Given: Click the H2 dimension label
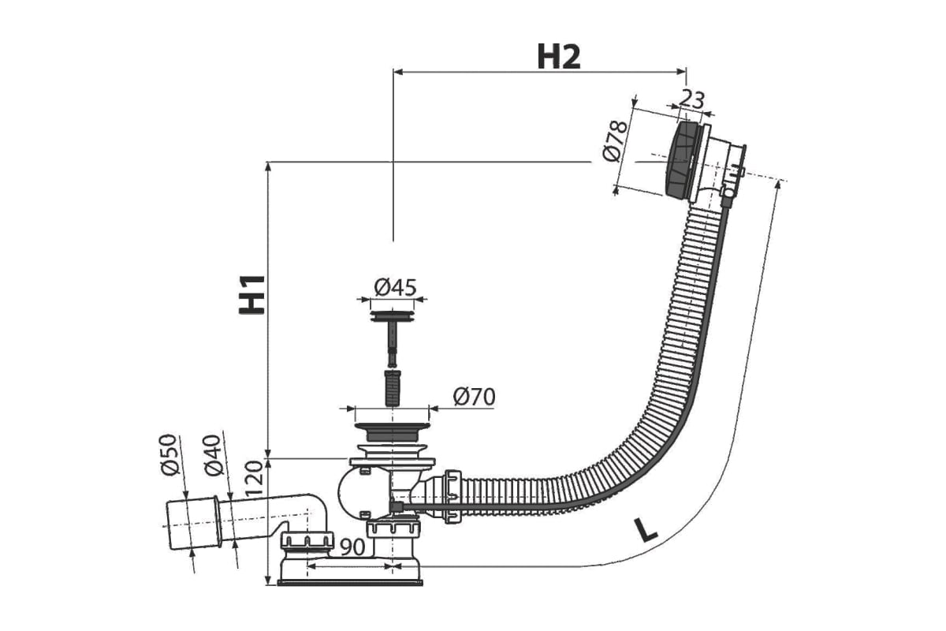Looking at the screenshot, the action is (x=559, y=57).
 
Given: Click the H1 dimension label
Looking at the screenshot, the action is (x=252, y=294).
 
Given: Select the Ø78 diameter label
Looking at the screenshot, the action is (x=615, y=141).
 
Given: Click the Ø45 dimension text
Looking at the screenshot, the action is (x=395, y=287).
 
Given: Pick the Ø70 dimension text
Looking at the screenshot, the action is (x=474, y=397).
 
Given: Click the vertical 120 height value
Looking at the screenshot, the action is (x=254, y=480).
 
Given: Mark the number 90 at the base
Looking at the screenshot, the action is (x=352, y=547).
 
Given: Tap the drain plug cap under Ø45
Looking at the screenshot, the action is (x=392, y=315).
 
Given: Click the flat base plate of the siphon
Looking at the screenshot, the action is (x=350, y=584).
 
